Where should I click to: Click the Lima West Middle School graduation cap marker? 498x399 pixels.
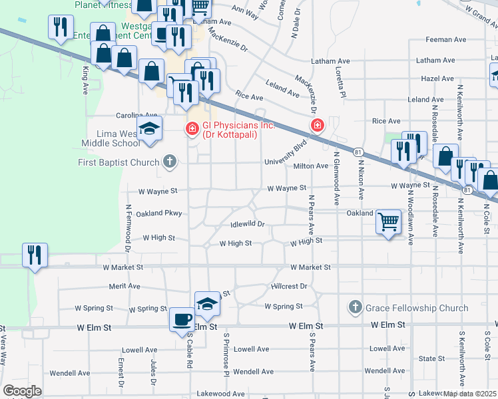(x=150, y=129)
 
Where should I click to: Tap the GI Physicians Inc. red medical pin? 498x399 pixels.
(x=192, y=128)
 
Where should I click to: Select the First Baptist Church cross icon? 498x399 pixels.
(x=170, y=162)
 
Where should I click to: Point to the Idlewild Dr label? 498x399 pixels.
(x=248, y=225)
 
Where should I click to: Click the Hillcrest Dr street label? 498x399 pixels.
(x=288, y=286)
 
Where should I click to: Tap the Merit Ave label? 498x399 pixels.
(x=125, y=286)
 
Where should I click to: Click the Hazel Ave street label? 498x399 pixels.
(x=437, y=78)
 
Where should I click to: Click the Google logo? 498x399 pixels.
(x=22, y=390)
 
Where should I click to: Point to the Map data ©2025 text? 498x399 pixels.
(x=469, y=394)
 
